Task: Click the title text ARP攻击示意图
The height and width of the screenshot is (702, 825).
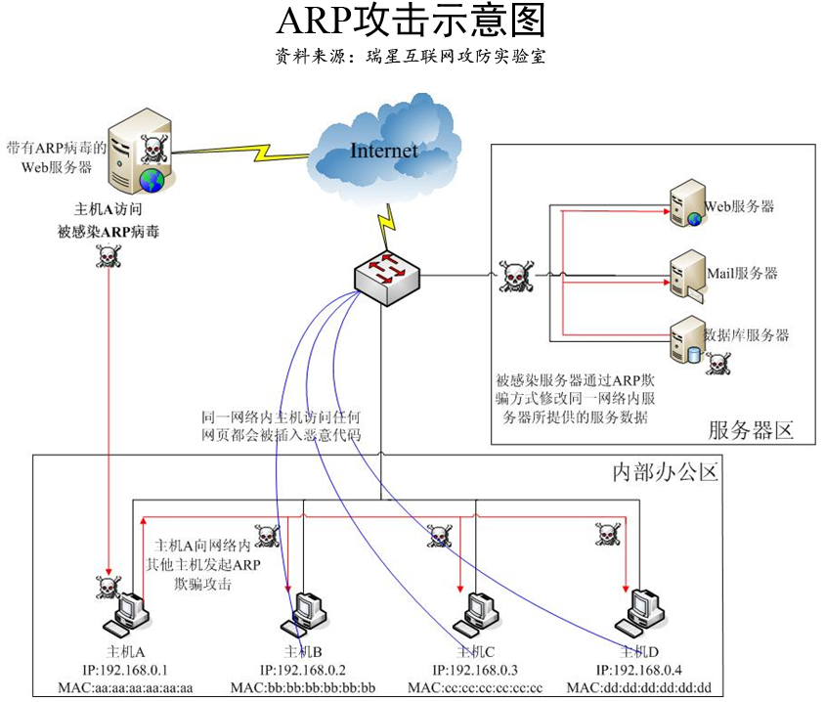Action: pyautogui.click(x=412, y=21)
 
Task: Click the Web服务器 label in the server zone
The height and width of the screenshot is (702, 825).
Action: pyautogui.click(x=740, y=206)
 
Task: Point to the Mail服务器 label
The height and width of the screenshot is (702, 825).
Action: pyautogui.click(x=742, y=273)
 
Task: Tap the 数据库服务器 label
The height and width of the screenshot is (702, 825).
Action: pyautogui.click(x=747, y=335)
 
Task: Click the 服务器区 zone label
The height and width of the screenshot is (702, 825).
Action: pyautogui.click(x=749, y=429)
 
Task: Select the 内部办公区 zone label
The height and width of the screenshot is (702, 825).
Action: pyautogui.click(x=665, y=473)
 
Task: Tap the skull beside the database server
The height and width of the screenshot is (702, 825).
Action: pyautogui.click(x=718, y=364)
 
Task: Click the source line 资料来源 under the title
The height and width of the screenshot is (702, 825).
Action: pyautogui.click(x=411, y=56)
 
